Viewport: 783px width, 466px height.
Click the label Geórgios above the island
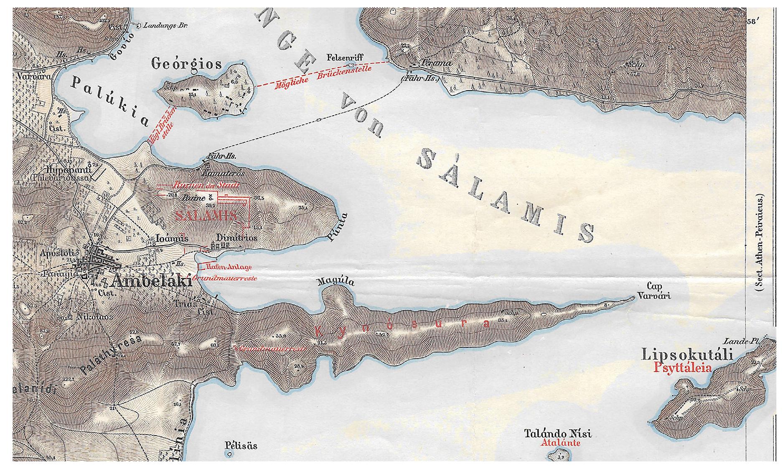pyautogui.click(x=186, y=64)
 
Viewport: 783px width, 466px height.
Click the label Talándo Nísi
pyautogui.click(x=558, y=433)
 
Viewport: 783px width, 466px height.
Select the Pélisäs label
pyautogui.click(x=241, y=446)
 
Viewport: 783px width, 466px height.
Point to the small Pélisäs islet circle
pyautogui.click(x=229, y=456)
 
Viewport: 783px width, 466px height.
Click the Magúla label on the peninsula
pyautogui.click(x=336, y=282)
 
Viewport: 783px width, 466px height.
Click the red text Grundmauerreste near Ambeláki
pyautogui.click(x=225, y=278)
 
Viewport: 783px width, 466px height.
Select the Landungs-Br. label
pyautogui.click(x=165, y=25)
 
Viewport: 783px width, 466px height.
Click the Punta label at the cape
pyautogui.click(x=338, y=228)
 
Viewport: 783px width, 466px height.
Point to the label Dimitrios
pyautogui.click(x=236, y=238)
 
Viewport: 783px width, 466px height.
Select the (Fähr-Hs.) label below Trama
pyautogui.click(x=419, y=78)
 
